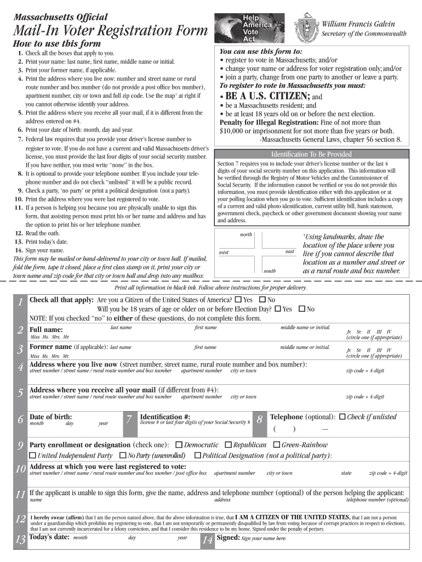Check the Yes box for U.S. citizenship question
pos(237,300)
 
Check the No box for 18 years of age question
pos(301,309)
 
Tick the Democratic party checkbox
pos(179,445)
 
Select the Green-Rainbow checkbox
pos(276,445)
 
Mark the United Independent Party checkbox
pos(32,456)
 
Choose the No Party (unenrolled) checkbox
pos(123,456)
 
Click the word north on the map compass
pos(246,235)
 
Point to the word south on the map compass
pos(270,271)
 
